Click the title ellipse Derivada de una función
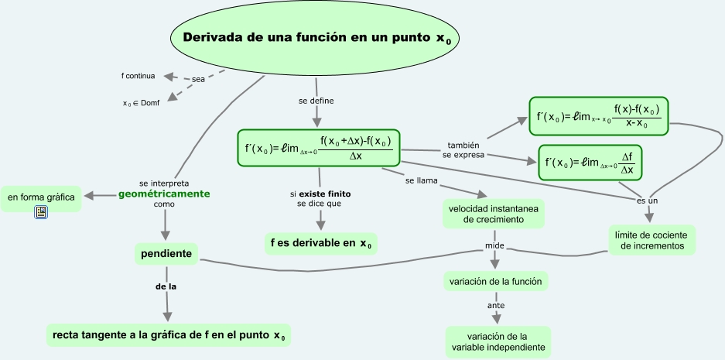(315, 39)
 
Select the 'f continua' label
(139, 76)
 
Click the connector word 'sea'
(199, 80)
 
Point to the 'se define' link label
(316, 101)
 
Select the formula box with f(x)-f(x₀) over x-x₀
(599, 116)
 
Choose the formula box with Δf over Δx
(591, 163)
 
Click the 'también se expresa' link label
(463, 150)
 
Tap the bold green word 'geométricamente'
(164, 194)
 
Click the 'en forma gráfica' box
(41, 197)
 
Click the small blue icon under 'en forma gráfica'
(42, 211)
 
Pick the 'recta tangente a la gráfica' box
(168, 335)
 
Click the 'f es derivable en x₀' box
(321, 243)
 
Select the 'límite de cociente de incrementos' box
(651, 240)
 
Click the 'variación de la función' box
(496, 281)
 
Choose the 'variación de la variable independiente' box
(498, 341)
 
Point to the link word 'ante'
(496, 306)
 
